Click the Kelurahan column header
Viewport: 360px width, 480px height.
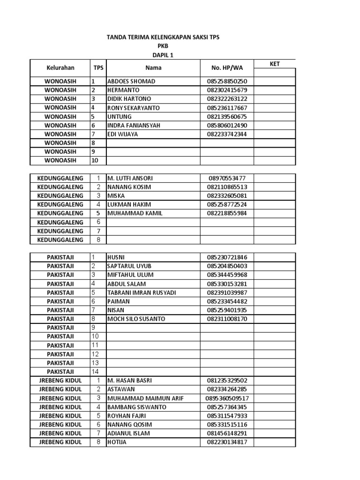pos(60,68)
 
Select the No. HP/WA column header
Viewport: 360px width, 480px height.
pos(226,68)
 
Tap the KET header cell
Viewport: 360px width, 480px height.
pos(275,64)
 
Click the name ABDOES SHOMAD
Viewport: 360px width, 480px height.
pos(131,81)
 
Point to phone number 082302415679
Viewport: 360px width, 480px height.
pos(227,90)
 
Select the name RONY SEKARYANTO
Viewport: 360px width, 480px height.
pos(134,108)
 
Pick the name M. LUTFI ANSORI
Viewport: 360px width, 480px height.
pos(130,178)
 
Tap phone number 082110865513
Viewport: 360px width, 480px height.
pos(227,187)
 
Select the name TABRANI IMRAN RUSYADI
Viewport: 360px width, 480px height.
pos(142,292)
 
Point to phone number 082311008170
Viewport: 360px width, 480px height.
pos(227,319)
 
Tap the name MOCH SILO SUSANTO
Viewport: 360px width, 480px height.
pos(136,319)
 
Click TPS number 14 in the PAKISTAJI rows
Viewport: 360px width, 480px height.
pos(95,372)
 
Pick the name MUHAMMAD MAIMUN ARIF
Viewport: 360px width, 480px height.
pos(145,398)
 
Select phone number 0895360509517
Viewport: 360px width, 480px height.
pos(227,398)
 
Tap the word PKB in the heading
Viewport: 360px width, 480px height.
pos(163,46)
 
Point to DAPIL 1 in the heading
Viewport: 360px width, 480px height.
pos(163,55)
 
